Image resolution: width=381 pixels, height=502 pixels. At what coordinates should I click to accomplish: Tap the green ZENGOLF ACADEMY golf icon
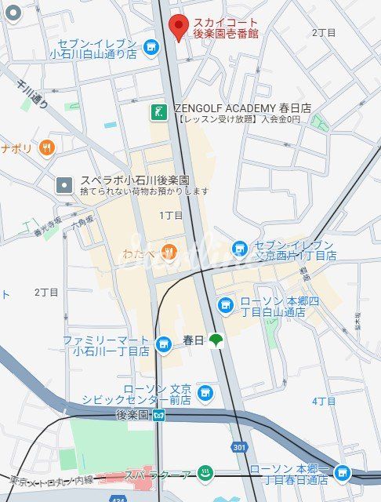(x=159, y=111)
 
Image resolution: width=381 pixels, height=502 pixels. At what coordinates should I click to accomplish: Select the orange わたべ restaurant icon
(x=168, y=251)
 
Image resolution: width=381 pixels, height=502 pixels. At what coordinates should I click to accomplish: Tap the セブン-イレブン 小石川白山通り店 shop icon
(x=151, y=48)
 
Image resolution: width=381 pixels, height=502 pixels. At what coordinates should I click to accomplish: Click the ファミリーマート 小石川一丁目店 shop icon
(x=164, y=344)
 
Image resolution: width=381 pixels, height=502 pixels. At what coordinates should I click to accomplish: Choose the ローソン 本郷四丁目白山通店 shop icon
(x=226, y=304)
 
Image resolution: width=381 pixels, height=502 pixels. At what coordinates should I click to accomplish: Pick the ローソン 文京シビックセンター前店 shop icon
(x=205, y=391)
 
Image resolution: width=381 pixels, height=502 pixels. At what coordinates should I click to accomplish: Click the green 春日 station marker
(x=216, y=340)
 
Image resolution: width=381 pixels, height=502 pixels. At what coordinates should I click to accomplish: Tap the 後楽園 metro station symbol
(x=159, y=414)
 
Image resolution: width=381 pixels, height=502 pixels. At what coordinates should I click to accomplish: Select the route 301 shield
(x=238, y=446)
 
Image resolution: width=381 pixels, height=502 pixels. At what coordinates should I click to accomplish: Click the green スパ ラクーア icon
(x=205, y=474)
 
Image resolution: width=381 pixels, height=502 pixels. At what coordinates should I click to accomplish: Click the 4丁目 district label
(x=324, y=401)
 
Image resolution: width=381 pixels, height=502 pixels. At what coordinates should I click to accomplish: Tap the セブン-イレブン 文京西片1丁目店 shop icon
(x=240, y=249)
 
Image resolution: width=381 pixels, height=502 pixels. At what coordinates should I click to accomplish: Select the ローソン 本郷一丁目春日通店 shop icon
(x=342, y=472)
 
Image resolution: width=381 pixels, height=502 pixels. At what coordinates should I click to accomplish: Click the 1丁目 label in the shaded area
(x=170, y=215)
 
